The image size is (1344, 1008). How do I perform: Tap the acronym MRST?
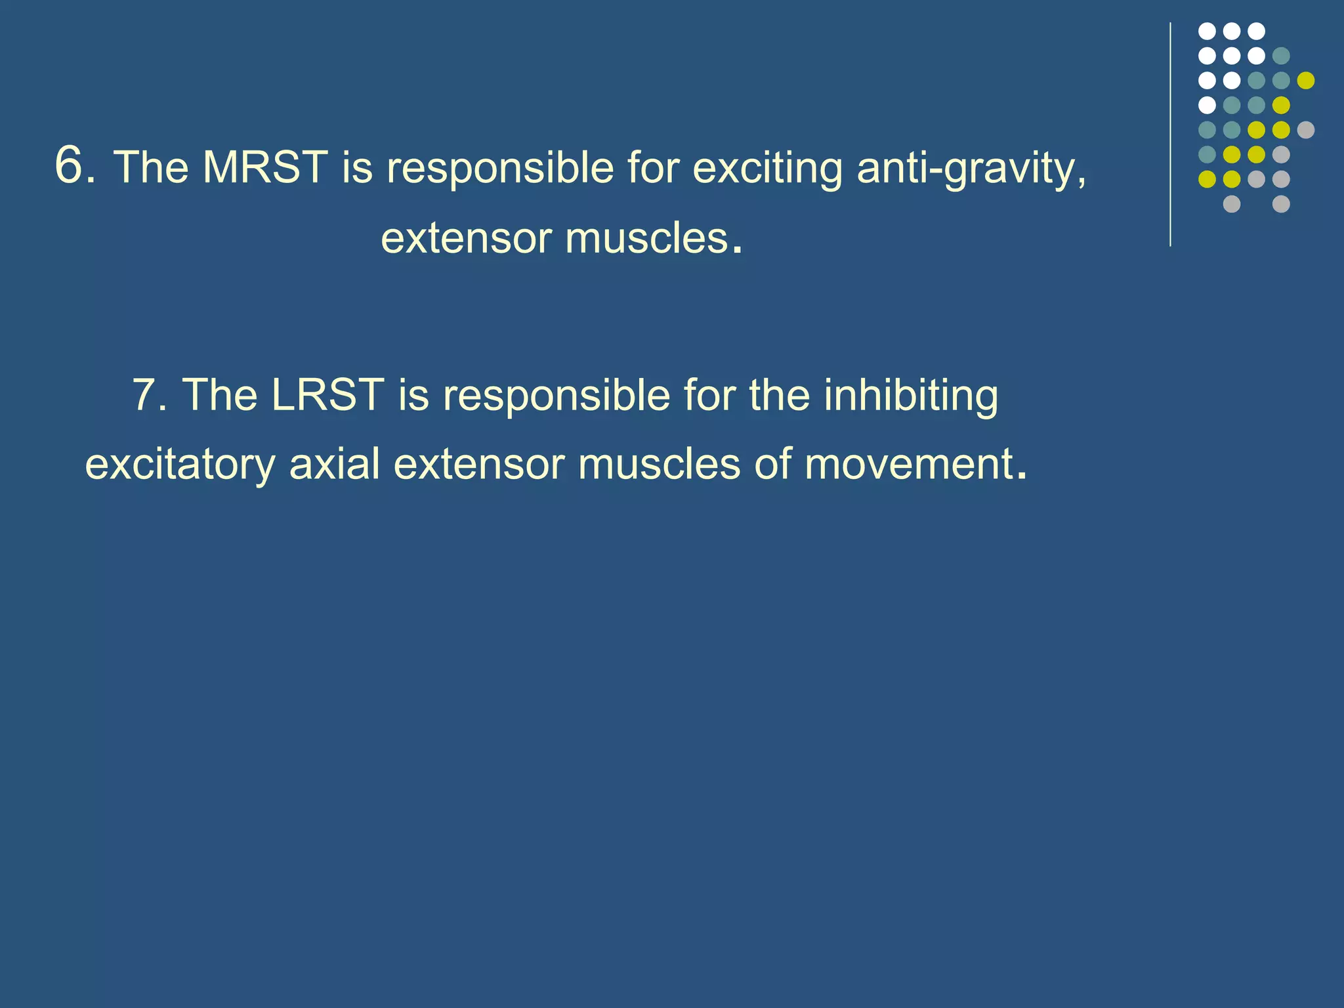265,167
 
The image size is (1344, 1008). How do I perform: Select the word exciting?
767,167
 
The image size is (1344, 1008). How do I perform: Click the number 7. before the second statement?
150,395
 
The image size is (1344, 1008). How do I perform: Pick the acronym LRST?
327,395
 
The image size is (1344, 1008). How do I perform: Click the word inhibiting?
911,396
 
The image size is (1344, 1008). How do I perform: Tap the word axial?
334,464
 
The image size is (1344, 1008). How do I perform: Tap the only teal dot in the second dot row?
1281,56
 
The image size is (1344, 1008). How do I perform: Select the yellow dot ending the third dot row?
1306,80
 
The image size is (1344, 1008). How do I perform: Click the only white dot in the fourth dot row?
1207,105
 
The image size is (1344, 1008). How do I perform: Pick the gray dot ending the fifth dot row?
1306,130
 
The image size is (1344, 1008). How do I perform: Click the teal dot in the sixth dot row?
1207,154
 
